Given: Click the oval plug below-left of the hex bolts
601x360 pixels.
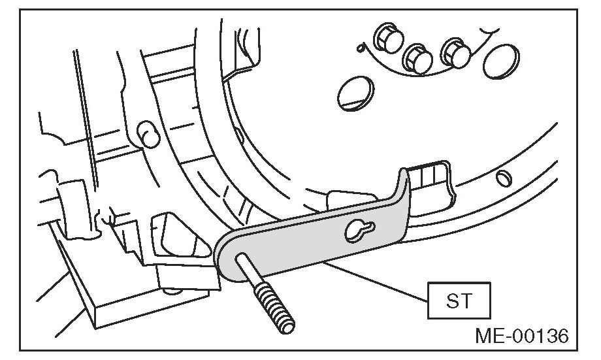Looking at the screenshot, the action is (353, 92).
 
